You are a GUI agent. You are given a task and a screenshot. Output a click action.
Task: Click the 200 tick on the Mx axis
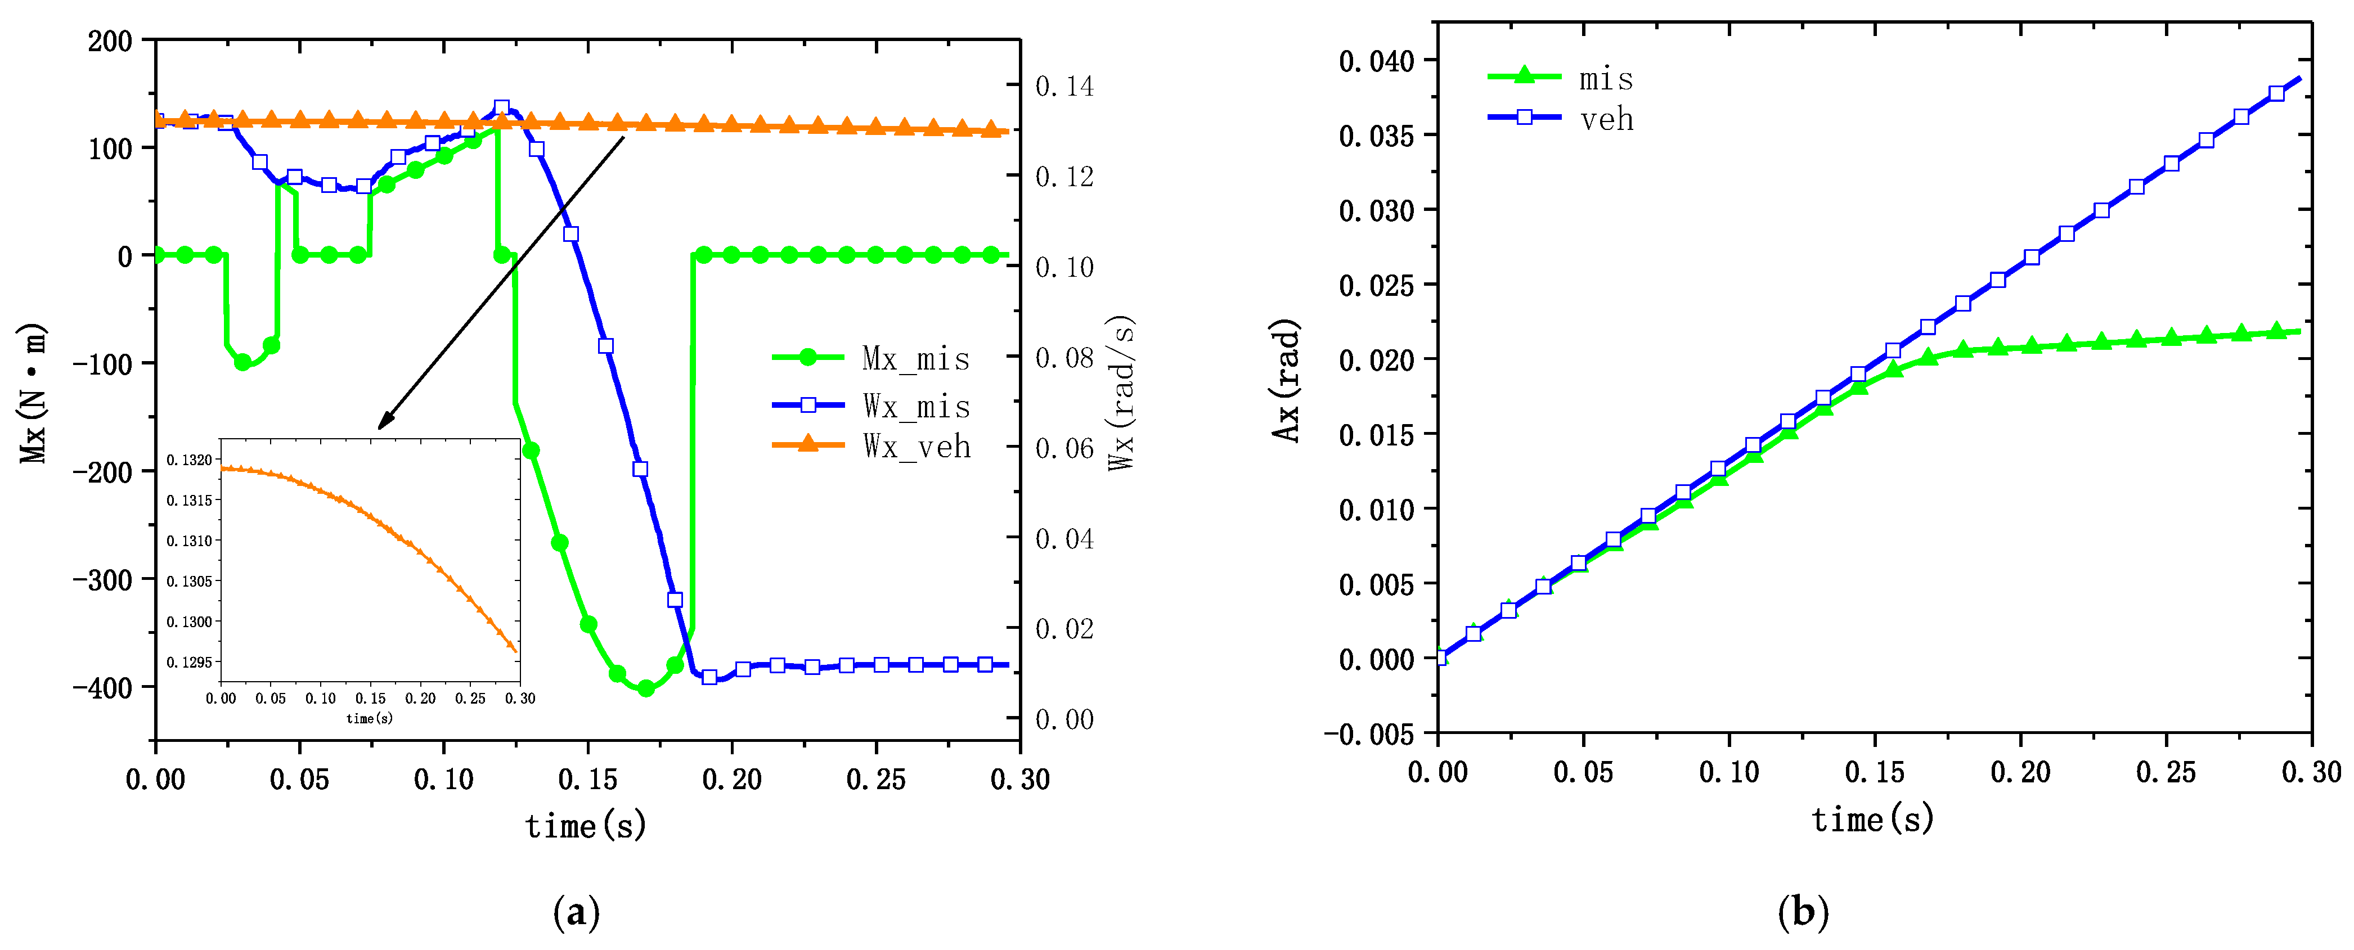point(110,41)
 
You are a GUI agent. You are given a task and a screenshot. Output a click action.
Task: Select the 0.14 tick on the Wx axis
point(1064,86)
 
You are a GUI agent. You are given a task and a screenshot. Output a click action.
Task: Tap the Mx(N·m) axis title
point(33,393)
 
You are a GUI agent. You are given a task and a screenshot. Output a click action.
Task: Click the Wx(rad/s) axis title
point(1121,393)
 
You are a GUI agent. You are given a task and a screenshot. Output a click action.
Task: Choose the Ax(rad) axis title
point(1287,380)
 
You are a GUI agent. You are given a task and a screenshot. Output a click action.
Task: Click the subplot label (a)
point(577,912)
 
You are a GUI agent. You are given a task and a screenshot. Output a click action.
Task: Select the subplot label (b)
point(1803,912)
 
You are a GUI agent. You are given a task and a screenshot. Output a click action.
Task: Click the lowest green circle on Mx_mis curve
point(646,688)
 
